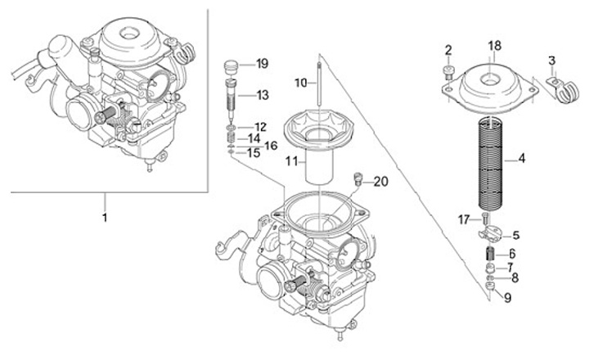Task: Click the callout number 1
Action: (x=104, y=219)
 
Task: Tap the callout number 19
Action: (x=262, y=64)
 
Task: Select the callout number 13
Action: (x=262, y=96)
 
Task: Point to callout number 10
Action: (x=300, y=83)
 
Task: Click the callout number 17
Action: (x=464, y=219)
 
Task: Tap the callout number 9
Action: (x=507, y=297)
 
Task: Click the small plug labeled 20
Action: (x=357, y=179)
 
